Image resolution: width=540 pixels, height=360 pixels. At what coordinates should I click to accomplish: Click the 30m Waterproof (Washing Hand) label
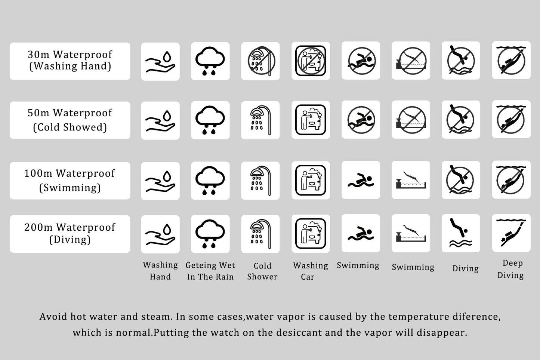click(70, 61)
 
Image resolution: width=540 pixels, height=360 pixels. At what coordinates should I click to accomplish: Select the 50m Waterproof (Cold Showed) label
click(70, 120)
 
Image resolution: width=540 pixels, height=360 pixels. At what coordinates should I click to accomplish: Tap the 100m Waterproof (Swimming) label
click(70, 180)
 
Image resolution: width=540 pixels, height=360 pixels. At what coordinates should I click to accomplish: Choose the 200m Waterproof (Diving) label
click(70, 234)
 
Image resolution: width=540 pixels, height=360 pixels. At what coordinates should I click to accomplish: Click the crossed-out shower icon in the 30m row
click(260, 61)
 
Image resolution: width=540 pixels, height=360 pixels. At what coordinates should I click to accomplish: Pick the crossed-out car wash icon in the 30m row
click(311, 61)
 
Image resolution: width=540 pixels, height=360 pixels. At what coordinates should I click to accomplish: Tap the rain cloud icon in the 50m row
click(210, 120)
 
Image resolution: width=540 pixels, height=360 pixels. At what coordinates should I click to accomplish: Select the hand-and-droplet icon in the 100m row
click(160, 181)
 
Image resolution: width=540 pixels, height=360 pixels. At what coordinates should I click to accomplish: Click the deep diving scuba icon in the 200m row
click(511, 233)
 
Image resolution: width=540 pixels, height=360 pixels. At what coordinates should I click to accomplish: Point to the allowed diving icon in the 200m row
click(461, 233)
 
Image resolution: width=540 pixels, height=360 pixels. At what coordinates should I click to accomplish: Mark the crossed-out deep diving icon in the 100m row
click(511, 179)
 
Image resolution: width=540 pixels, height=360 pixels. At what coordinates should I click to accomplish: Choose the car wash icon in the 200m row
click(311, 233)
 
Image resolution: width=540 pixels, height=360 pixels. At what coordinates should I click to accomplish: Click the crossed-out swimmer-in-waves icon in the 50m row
click(361, 120)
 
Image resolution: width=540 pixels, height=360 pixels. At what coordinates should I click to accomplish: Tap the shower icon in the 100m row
click(260, 180)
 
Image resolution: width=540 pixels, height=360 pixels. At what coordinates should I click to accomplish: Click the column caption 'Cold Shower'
click(262, 271)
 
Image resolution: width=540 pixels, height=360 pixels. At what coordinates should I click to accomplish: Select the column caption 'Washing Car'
click(310, 271)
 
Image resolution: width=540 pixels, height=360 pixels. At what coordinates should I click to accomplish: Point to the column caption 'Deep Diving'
click(511, 269)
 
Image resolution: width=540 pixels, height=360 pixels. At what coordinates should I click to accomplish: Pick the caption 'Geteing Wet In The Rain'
click(210, 271)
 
